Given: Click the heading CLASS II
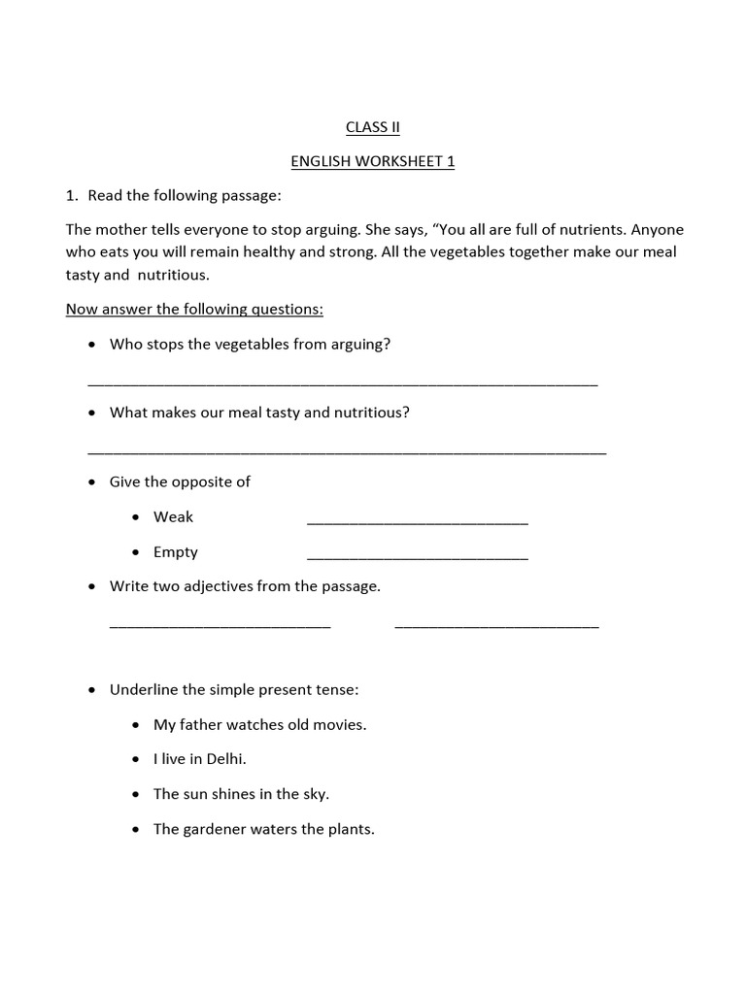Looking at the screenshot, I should coord(373,127).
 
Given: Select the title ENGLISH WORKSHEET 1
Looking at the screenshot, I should coord(373,161).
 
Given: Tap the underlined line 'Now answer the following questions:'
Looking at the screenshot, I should coord(194,309).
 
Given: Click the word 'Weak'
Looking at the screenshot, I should coord(173,516).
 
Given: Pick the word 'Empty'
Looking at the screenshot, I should coord(175,551).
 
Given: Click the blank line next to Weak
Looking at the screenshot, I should coord(418,522).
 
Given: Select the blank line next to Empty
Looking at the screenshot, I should coord(418,557).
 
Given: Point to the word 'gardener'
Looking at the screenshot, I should coord(212,829).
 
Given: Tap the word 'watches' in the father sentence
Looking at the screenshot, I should coord(255,724).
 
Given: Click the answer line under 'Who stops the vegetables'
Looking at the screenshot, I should coord(342,384).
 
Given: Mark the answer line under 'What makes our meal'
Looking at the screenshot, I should coord(347,452).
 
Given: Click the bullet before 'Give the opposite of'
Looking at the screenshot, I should coord(91,482).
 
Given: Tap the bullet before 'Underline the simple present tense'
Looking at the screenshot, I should coord(91,690).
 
